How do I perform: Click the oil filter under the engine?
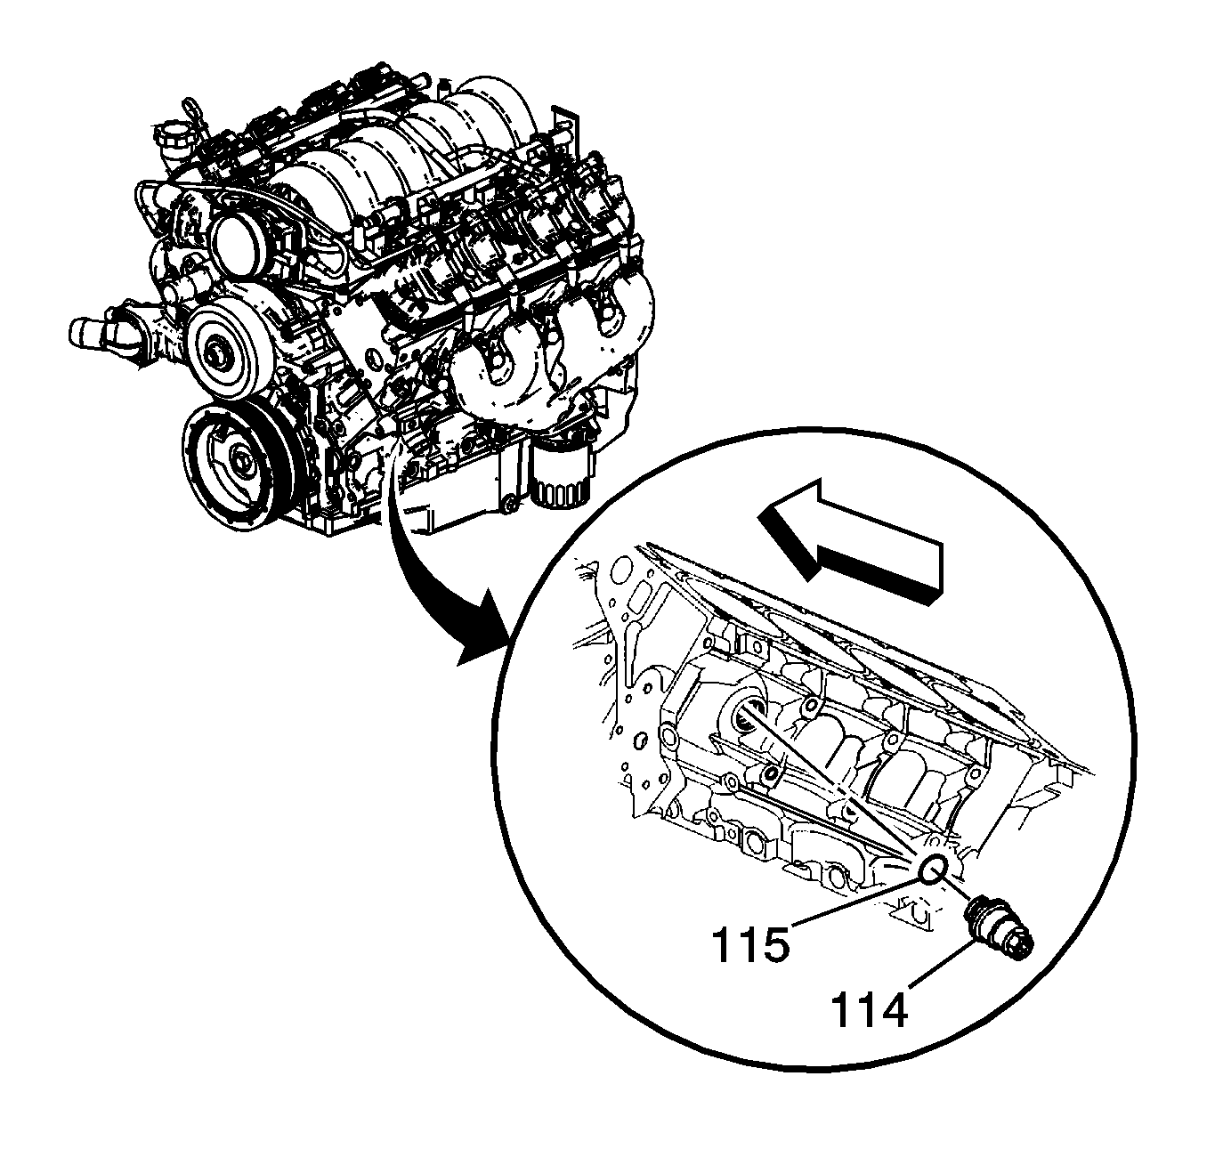pos(559,470)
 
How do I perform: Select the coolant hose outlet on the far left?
pos(93,332)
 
